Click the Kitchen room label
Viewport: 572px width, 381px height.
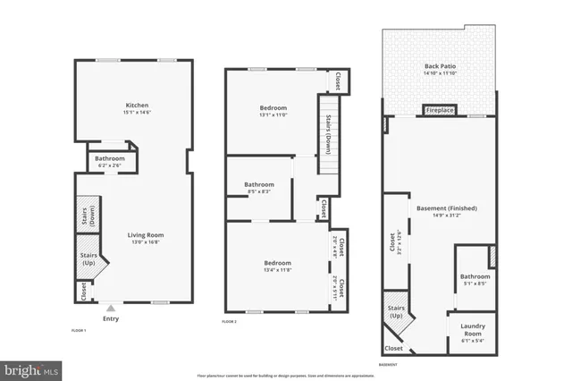(137, 105)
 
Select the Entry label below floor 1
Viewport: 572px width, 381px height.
(111, 318)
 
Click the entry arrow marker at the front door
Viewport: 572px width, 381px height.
(111, 307)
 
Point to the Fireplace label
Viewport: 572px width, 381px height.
(440, 111)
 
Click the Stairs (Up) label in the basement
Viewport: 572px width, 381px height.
(396, 312)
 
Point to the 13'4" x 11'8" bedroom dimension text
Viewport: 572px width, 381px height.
(277, 270)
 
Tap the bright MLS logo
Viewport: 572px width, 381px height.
(32, 368)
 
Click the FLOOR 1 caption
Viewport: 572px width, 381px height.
(79, 330)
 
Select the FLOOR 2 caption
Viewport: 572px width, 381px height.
(230, 321)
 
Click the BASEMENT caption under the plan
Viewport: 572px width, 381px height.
(389, 364)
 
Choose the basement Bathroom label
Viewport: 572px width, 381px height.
(475, 276)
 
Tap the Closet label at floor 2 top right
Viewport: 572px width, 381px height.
(337, 80)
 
